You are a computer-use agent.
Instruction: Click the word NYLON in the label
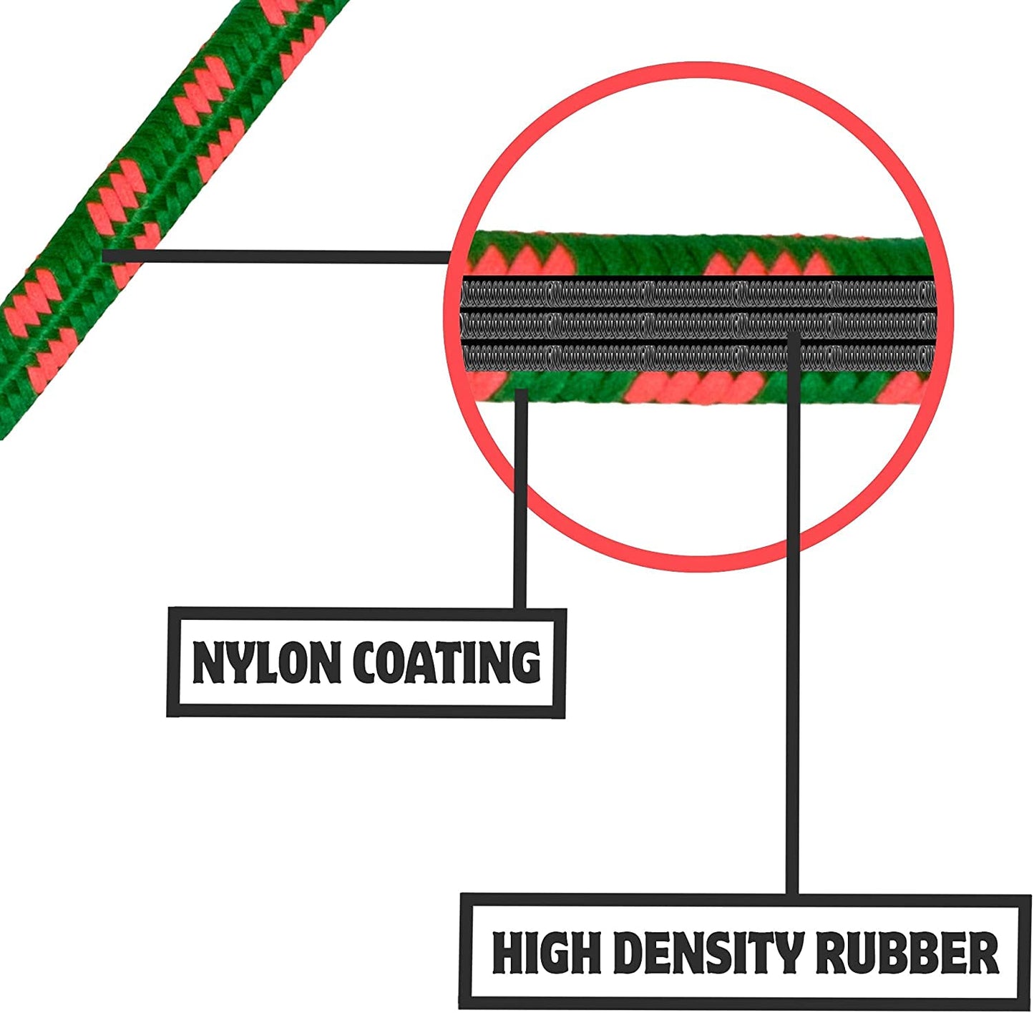pyautogui.click(x=266, y=662)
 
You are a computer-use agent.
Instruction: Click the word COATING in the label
pyautogui.click(x=447, y=662)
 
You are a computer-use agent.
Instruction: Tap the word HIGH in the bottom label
pyautogui.click(x=546, y=953)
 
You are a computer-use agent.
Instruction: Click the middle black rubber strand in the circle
pyautogui.click(x=698, y=325)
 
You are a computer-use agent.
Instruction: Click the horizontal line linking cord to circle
pyautogui.click(x=279, y=256)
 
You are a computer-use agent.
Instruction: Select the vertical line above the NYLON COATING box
pyautogui.click(x=520, y=501)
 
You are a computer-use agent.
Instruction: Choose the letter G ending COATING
pyautogui.click(x=526, y=662)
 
